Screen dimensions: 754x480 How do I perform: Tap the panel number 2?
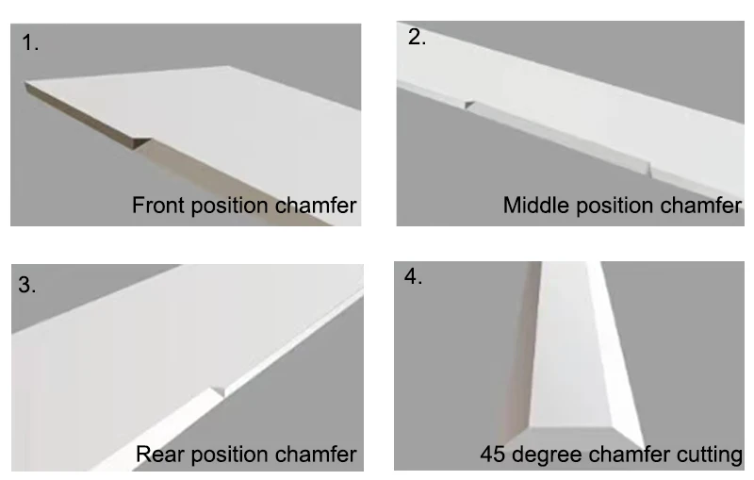417,38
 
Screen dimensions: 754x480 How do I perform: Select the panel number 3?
27,286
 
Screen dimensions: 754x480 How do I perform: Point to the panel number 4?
413,277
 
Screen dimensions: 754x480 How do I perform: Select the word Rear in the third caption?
156,455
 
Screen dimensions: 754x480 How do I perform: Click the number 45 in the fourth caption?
491,455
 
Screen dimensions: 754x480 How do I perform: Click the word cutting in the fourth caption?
709,455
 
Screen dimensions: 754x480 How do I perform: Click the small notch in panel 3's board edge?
220,389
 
